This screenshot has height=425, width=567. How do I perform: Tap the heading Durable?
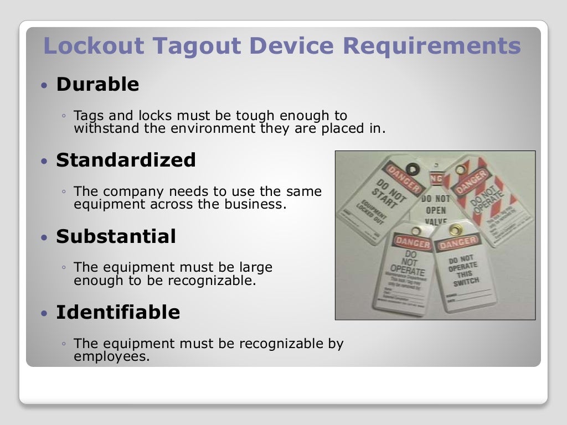(97, 84)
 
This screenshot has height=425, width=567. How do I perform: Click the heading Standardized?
(126, 160)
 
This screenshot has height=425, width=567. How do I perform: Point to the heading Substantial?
(116, 236)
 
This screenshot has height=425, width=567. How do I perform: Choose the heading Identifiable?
(118, 312)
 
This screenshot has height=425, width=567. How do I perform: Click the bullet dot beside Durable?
(45, 85)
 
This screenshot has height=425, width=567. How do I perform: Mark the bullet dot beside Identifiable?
(45, 313)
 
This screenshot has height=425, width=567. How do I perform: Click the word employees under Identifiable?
(111, 356)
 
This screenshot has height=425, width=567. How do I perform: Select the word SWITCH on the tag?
(466, 282)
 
